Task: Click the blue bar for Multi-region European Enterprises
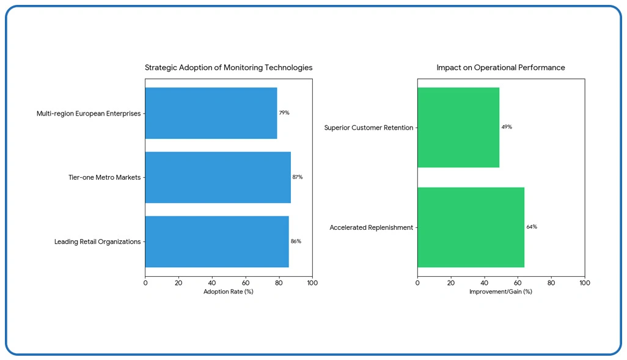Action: coord(211,113)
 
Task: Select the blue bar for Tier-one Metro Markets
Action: coord(218,177)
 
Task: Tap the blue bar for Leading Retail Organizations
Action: coord(217,241)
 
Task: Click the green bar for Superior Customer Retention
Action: coord(458,127)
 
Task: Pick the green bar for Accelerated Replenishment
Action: coord(471,227)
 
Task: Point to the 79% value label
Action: coord(284,113)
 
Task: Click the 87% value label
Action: coord(298,177)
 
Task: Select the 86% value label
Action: coord(296,241)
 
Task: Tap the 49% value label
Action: coord(507,127)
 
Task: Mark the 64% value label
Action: coord(532,227)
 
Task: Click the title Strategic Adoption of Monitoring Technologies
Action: coord(229,68)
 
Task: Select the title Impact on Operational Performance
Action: coord(501,68)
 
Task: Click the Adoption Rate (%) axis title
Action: coord(229,292)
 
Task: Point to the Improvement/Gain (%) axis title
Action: coord(501,292)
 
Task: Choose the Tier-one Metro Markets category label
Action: coord(105,177)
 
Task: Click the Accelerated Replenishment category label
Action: coord(372,227)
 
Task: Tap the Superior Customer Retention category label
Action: coord(369,128)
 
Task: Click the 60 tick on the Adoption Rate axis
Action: coord(246,283)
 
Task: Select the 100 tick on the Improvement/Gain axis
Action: coord(585,283)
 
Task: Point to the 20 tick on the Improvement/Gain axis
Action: coord(451,283)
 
